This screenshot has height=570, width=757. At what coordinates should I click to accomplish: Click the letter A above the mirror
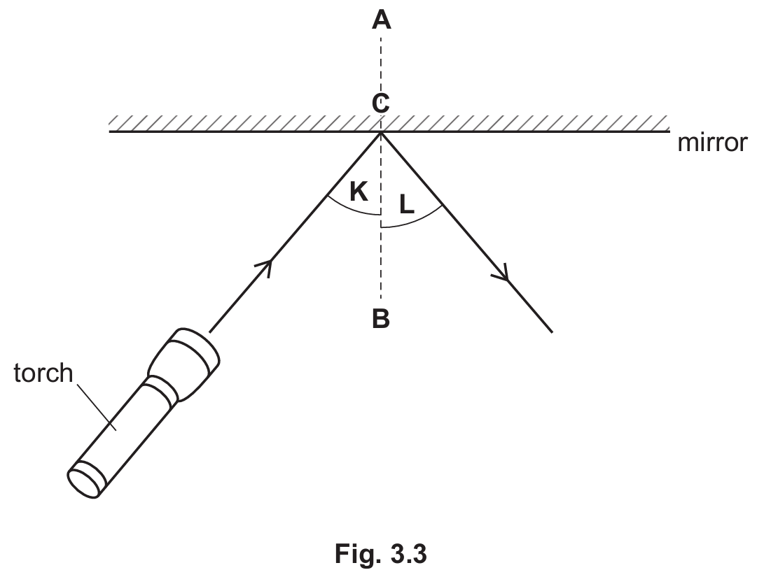[x=381, y=20]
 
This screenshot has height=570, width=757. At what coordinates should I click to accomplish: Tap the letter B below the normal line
[x=381, y=319]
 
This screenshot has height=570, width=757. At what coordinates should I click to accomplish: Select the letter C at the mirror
[x=380, y=104]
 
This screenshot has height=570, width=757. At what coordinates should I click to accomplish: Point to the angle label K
[x=359, y=192]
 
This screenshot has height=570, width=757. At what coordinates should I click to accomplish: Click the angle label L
[x=406, y=204]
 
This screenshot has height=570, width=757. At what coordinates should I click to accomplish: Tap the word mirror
[x=712, y=143]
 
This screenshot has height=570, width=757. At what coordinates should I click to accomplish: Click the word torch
[x=43, y=373]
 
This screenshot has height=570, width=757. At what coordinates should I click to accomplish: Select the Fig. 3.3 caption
[x=380, y=554]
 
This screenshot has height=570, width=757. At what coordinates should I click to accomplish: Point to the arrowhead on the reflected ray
[x=503, y=274]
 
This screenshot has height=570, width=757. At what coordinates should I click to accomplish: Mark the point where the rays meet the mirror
[x=381, y=131]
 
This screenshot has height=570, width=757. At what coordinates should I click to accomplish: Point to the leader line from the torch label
[x=95, y=406]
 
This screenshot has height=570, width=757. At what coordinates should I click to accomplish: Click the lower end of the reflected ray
[x=552, y=332]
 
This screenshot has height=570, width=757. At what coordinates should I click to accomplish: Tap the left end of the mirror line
[x=109, y=131]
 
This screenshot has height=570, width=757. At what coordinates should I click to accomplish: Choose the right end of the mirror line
[x=669, y=131]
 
